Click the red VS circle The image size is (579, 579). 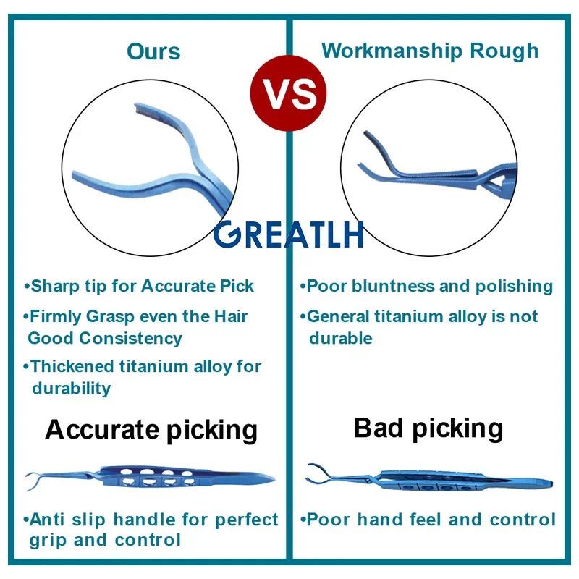point(288,93)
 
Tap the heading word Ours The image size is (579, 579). point(153,51)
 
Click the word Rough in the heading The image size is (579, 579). point(504,51)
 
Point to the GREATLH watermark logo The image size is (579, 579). point(288,234)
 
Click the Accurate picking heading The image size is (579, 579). point(151,431)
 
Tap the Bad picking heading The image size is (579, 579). point(428,428)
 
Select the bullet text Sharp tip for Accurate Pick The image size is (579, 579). point(139,286)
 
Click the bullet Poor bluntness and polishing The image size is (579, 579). point(426,286)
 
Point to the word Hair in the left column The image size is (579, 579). point(231,316)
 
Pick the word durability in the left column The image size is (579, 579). point(71,389)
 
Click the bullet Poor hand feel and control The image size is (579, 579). point(428,520)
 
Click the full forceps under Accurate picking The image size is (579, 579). point(150,478)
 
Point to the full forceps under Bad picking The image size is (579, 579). point(429,479)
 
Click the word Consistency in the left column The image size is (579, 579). point(131,339)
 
